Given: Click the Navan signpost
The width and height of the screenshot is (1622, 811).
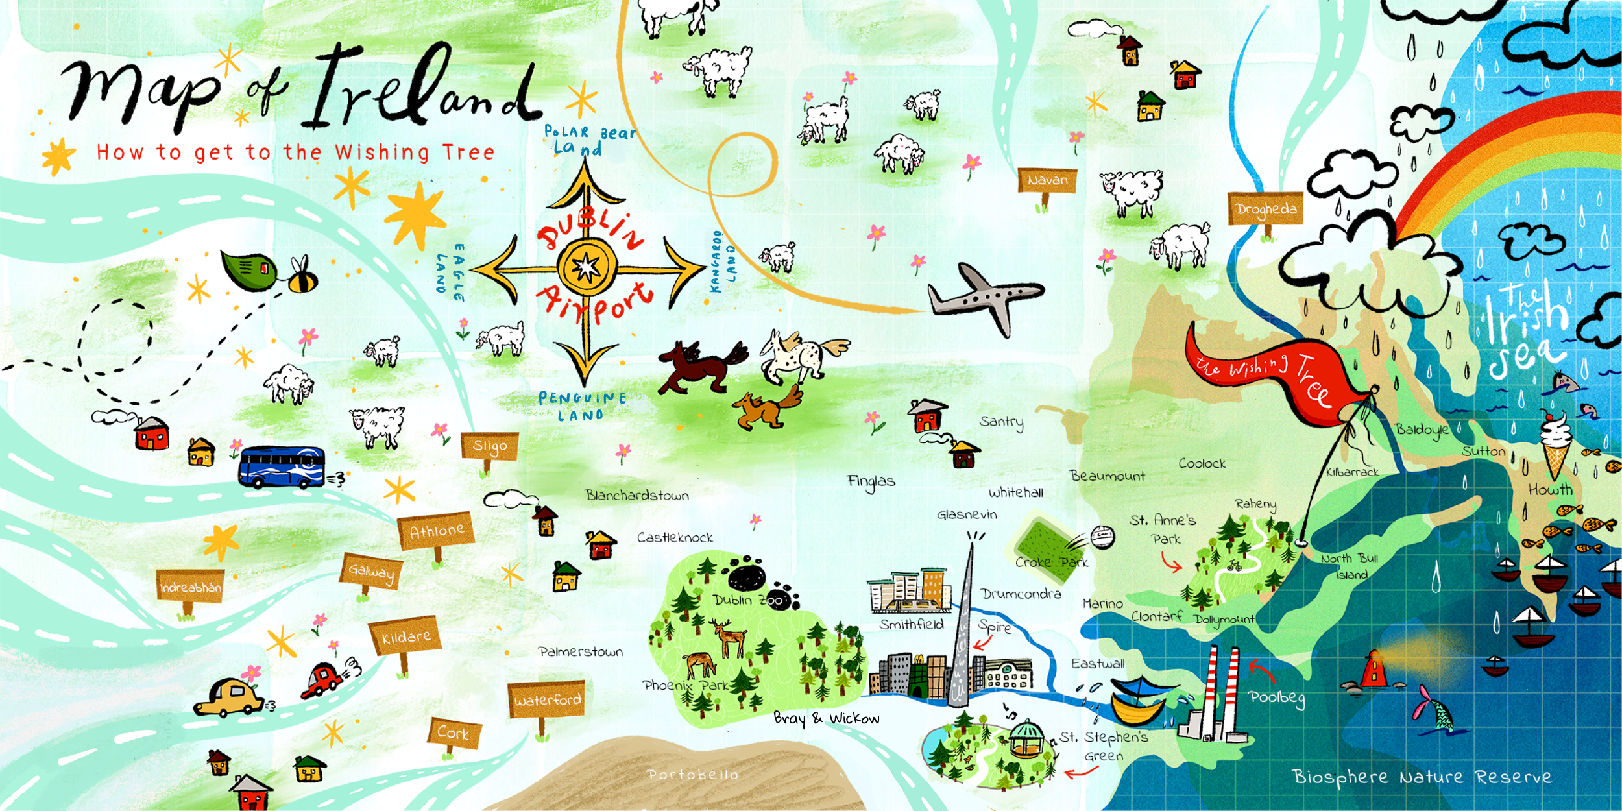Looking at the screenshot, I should (1047, 180).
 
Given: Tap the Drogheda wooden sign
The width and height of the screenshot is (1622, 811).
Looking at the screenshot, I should (1265, 209).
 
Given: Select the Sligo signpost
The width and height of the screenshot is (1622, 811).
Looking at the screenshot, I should (490, 446).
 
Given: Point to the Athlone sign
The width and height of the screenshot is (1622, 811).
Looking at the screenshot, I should (437, 531).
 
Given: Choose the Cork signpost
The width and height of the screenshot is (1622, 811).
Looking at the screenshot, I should (453, 733).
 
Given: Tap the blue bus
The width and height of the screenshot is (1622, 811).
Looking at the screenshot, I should (282, 466).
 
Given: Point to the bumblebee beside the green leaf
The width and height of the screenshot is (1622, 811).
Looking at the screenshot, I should (302, 278).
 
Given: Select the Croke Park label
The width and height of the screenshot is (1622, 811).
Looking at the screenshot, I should (1051, 563).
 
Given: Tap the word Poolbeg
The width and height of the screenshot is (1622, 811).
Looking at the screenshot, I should (1276, 698).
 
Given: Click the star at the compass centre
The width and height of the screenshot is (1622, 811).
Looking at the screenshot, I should (587, 267).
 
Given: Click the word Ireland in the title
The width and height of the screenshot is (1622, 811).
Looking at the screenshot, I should (422, 88).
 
